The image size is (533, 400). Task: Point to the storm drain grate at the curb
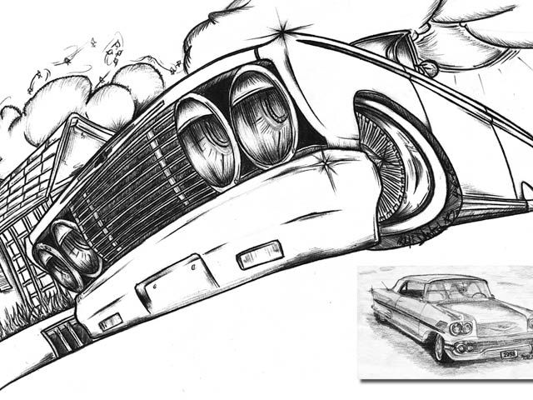pos(65,335)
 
